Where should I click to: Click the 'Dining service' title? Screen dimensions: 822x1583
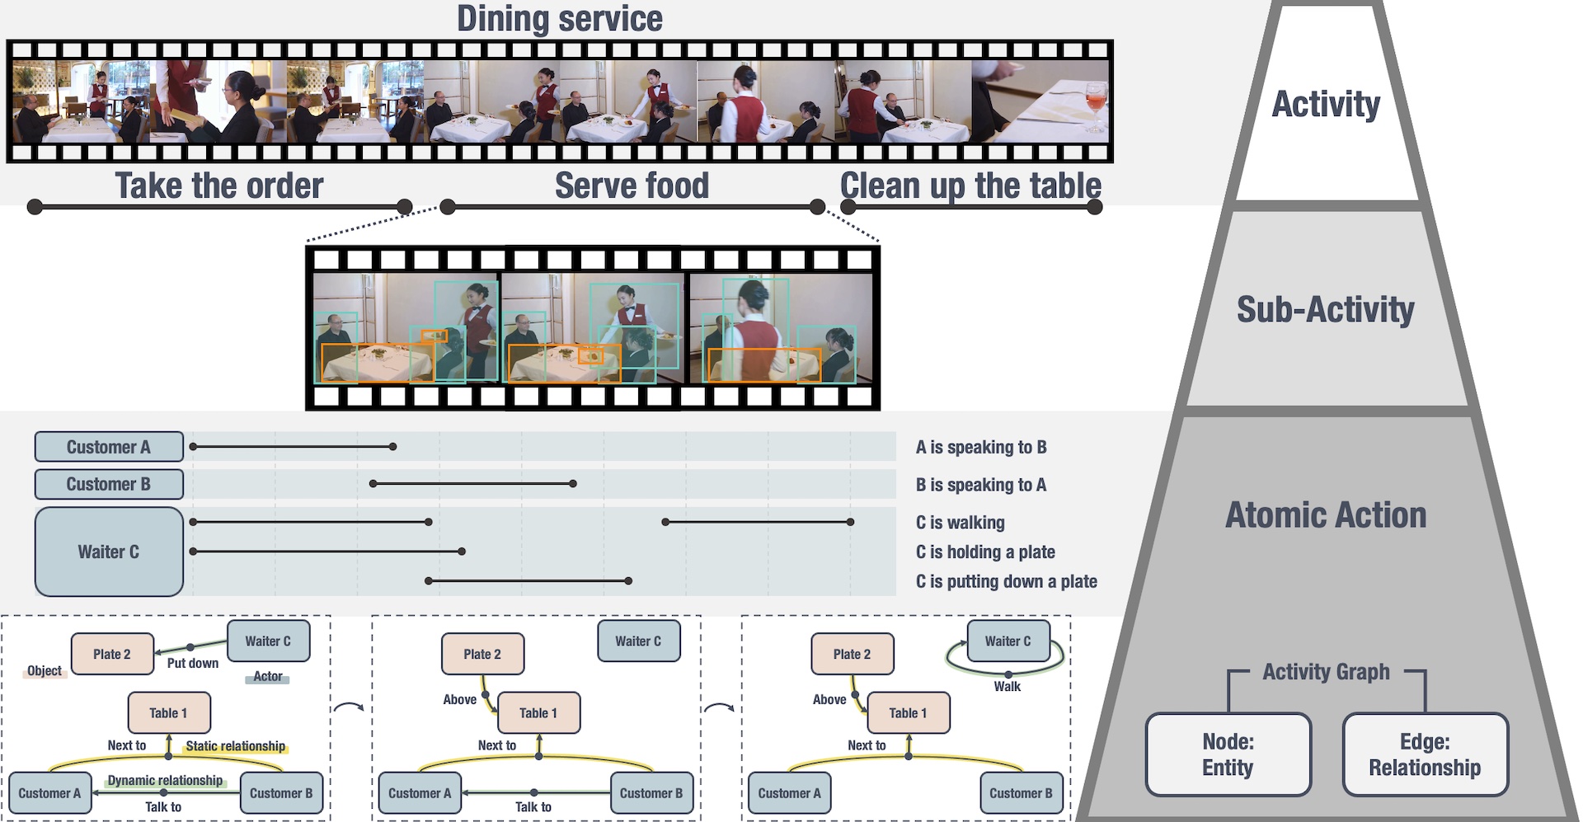click(x=559, y=19)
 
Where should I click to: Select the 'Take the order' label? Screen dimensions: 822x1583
click(x=218, y=186)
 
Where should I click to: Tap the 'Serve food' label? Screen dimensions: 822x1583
click(x=632, y=186)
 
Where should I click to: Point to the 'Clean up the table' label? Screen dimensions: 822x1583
click(x=970, y=186)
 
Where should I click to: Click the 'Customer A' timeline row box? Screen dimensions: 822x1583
click(x=109, y=447)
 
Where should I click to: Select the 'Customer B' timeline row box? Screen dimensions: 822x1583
click(x=109, y=484)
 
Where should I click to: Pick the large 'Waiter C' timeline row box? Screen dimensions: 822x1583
click(x=109, y=552)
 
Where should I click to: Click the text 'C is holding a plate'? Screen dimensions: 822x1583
click(x=985, y=552)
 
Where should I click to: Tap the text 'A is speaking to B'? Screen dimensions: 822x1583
click(x=981, y=448)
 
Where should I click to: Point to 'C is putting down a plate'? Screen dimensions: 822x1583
click(x=1006, y=582)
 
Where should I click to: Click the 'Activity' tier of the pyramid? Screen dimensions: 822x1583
click(x=1326, y=105)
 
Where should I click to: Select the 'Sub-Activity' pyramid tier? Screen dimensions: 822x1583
click(x=1325, y=310)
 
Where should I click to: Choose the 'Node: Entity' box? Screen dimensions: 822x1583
click(x=1228, y=754)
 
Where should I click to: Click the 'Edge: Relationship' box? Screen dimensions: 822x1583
click(x=1425, y=754)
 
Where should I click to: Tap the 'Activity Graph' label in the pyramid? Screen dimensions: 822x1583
click(x=1326, y=672)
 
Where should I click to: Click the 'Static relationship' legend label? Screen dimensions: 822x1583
click(x=235, y=746)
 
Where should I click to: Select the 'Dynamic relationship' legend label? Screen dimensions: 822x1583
click(x=165, y=781)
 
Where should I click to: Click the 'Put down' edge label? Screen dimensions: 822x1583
click(x=193, y=664)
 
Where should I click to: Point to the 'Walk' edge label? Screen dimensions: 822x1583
click(x=1007, y=687)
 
